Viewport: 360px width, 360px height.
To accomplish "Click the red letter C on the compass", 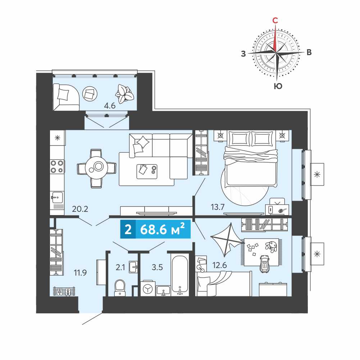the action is click(275, 20).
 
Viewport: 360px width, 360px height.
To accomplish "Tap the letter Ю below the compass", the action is click(278, 86).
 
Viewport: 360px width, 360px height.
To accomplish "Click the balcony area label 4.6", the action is click(110, 106).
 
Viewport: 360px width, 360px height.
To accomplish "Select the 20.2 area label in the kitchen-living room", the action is click(80, 209).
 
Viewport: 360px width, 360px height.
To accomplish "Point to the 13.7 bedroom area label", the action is click(218, 207).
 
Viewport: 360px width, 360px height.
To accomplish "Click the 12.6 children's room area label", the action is click(219, 265).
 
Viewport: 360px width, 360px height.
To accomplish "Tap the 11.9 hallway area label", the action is click(80, 273).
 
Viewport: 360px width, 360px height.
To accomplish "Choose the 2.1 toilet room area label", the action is click(120, 267).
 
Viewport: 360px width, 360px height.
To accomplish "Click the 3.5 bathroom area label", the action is click(157, 267).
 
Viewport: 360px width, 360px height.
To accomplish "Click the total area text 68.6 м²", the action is click(162, 229).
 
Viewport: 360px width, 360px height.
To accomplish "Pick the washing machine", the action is click(148, 288).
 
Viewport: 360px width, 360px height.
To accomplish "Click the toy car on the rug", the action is click(264, 264).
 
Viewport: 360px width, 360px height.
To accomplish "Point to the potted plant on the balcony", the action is click(124, 94).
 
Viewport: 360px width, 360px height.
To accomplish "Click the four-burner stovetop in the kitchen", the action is click(57, 167).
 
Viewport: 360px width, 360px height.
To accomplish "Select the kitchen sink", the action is click(57, 197).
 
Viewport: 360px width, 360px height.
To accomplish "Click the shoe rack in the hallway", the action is click(64, 291).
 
